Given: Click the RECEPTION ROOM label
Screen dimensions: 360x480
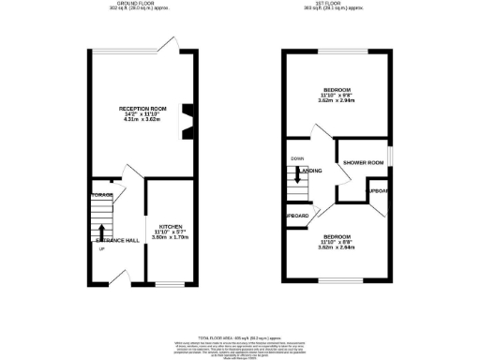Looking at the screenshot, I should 142,110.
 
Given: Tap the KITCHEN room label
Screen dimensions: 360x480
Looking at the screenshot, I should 170,226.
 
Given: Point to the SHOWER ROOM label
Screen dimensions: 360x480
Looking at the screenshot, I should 364,163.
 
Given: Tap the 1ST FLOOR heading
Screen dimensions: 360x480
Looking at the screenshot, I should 337,5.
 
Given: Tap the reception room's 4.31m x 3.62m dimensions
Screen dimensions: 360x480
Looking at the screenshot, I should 142,122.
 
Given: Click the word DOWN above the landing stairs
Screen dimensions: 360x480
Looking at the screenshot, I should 298,158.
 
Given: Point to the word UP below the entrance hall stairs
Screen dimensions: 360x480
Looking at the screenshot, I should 99,248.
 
